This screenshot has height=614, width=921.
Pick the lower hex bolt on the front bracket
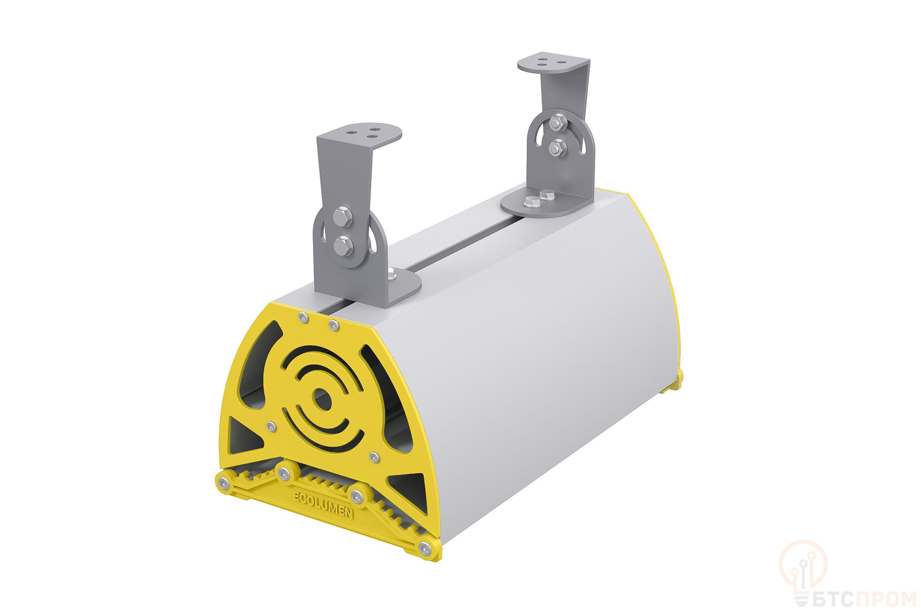coord(344,245)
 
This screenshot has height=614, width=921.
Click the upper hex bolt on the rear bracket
coord(558,122)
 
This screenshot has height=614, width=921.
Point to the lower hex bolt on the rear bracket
coord(557,147)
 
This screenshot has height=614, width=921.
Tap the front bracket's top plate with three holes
coord(359,135)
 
